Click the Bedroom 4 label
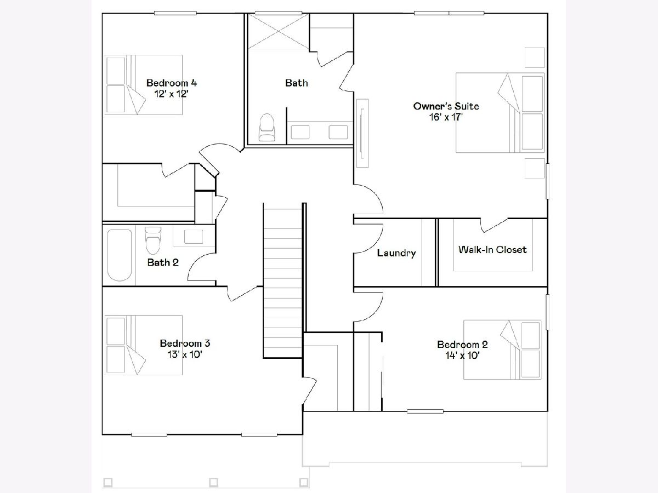click(x=172, y=83)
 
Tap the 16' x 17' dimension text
click(x=446, y=117)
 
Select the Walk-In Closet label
click(x=492, y=250)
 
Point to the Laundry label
click(x=396, y=253)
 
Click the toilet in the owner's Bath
click(x=266, y=127)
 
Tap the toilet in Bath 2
click(x=153, y=240)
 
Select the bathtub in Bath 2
click(x=120, y=255)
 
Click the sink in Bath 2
click(x=194, y=237)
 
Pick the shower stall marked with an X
click(x=279, y=31)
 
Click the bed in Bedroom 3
click(x=144, y=345)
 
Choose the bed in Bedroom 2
click(x=502, y=350)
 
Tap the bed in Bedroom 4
click(x=144, y=85)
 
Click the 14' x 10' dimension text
click(x=462, y=356)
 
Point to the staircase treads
click(x=282, y=280)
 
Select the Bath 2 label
click(x=163, y=262)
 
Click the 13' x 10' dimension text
click(x=185, y=354)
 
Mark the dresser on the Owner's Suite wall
click(x=362, y=133)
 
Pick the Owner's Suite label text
click(x=446, y=106)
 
